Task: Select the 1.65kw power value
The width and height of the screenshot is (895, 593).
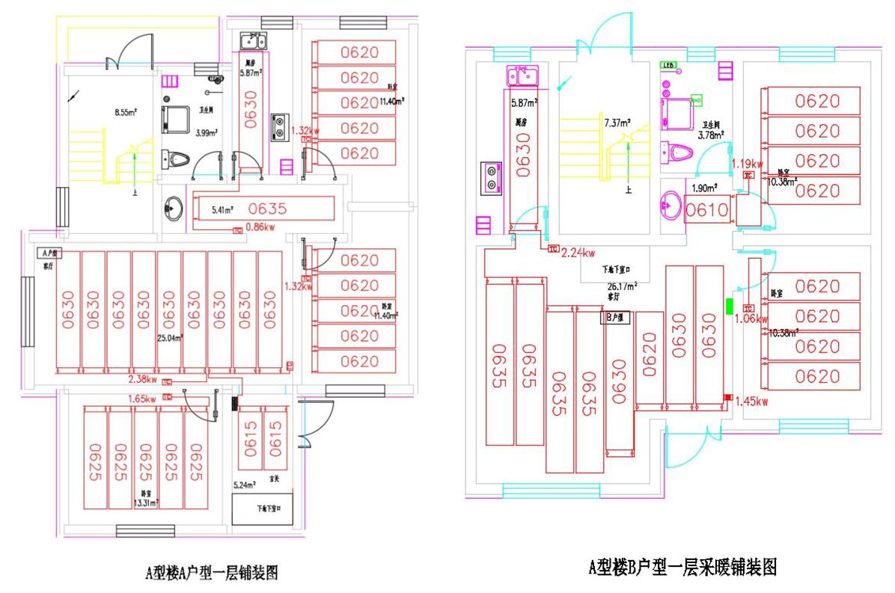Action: [144, 399]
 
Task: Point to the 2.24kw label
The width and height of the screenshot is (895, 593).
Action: [578, 252]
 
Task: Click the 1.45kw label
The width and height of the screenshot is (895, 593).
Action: [752, 402]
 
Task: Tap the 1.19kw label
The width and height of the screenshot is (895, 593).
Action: [748, 164]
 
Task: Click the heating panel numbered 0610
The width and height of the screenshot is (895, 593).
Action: [707, 210]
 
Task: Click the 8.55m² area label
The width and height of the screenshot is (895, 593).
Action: [125, 114]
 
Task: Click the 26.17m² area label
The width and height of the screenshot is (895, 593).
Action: [622, 286]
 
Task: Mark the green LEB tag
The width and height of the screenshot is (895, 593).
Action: [668, 65]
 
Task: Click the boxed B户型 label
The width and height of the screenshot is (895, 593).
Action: [617, 317]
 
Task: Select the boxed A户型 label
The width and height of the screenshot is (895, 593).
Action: [49, 253]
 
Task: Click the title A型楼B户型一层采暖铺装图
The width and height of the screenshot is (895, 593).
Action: [682, 567]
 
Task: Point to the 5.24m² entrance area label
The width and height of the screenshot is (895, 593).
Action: [245, 485]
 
